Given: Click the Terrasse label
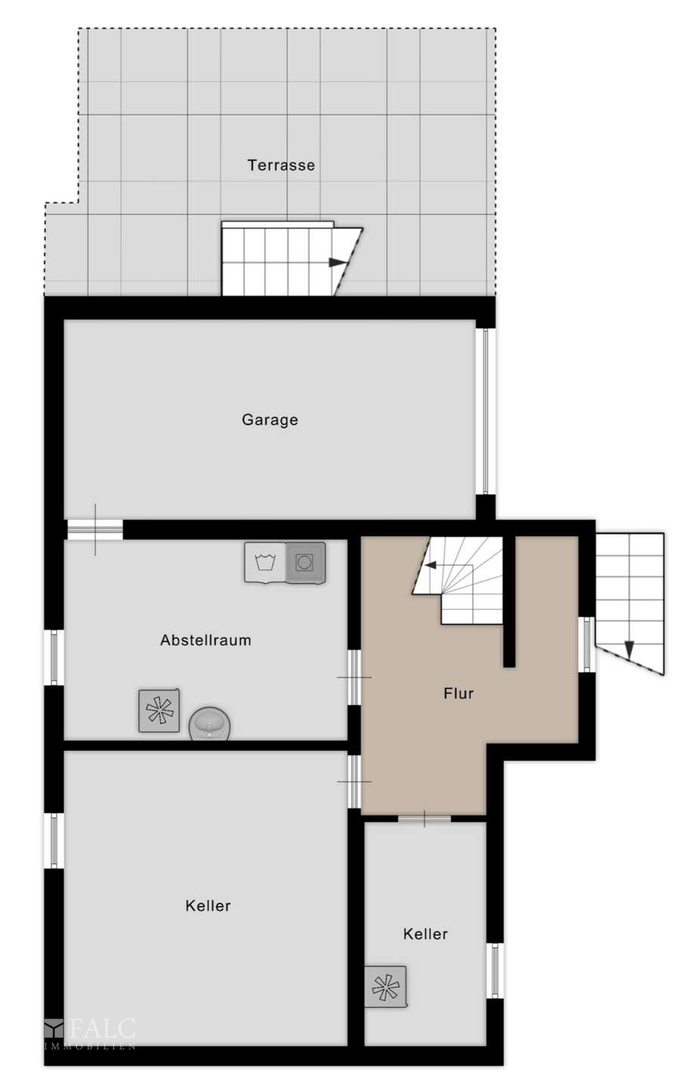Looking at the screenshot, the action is coord(281,166).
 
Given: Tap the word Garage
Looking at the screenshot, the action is coord(270,420).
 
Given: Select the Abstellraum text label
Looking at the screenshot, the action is coord(206,641).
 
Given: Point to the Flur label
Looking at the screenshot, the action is coord(458,693).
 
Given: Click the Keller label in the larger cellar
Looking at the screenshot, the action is coord(208,906).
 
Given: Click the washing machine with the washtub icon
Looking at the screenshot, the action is coord(265,563).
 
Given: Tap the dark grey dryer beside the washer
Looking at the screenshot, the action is coord(305,563).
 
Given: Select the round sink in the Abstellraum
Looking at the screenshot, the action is coord(209,724).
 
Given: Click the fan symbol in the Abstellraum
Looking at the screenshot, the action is coord(159,710).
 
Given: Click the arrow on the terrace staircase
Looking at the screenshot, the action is coord(339,262).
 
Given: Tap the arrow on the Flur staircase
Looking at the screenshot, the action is coord(431,565).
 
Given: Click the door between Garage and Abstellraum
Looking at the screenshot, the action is coord(95,529).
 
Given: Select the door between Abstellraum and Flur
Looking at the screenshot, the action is coord(355,677).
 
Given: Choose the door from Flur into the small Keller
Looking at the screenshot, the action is coord(424,819).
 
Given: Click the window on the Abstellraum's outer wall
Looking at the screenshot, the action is coord(54,657).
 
